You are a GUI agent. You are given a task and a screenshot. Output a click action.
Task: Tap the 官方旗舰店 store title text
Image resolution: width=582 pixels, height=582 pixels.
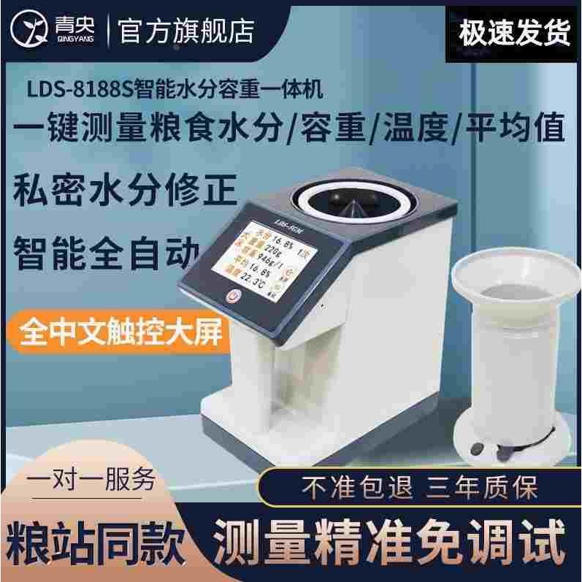pos(185,30)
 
